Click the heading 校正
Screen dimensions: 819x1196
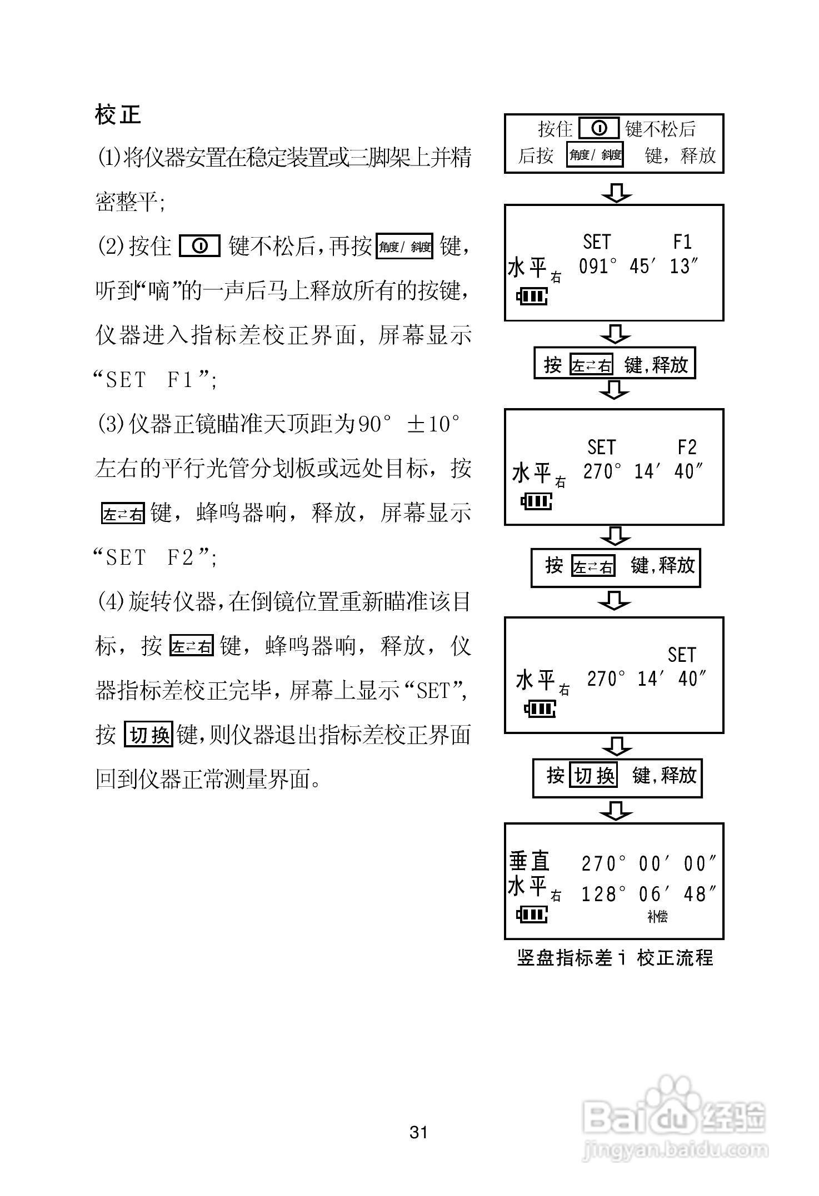118,115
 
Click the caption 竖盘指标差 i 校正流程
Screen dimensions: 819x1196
615,957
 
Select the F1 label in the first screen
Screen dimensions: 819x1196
682,242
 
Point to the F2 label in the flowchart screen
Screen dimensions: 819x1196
687,447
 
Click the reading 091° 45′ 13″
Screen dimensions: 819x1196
638,267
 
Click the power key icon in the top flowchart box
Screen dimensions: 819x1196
599,129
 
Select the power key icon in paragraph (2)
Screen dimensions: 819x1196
200,245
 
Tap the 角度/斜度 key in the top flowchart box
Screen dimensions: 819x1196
595,155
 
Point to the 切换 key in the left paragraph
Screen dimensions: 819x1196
149,735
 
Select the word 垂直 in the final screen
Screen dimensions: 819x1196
530,861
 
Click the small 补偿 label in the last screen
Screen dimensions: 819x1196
657,917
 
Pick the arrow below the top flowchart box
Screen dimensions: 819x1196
616,193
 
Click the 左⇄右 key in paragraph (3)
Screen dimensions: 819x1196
123,512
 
